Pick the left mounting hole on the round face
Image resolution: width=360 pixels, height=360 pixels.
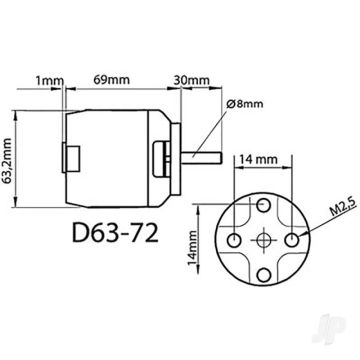(235, 241)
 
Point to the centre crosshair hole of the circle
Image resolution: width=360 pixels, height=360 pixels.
(265, 241)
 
